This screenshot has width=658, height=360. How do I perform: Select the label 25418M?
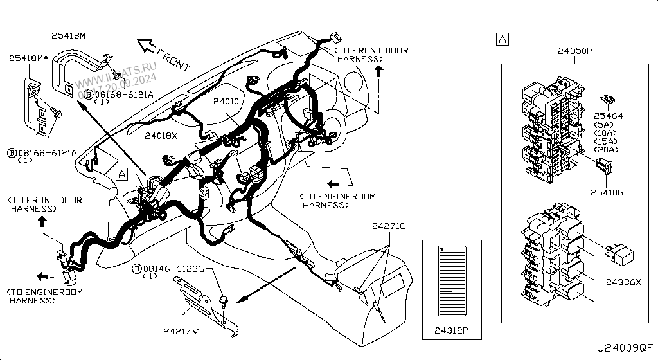click(x=69, y=37)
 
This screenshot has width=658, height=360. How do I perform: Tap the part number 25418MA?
click(x=29, y=59)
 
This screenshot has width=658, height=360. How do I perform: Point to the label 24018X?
click(x=161, y=135)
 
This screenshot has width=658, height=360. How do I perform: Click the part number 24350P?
click(x=574, y=50)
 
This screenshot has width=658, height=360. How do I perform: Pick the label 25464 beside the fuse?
click(x=609, y=116)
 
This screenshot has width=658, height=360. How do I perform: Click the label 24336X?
click(x=623, y=281)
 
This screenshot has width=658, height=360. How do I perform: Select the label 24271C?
click(x=389, y=226)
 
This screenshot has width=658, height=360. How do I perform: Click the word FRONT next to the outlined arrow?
click(x=173, y=58)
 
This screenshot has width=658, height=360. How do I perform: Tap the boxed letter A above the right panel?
click(x=502, y=40)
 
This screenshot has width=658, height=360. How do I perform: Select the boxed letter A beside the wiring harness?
click(x=121, y=173)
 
